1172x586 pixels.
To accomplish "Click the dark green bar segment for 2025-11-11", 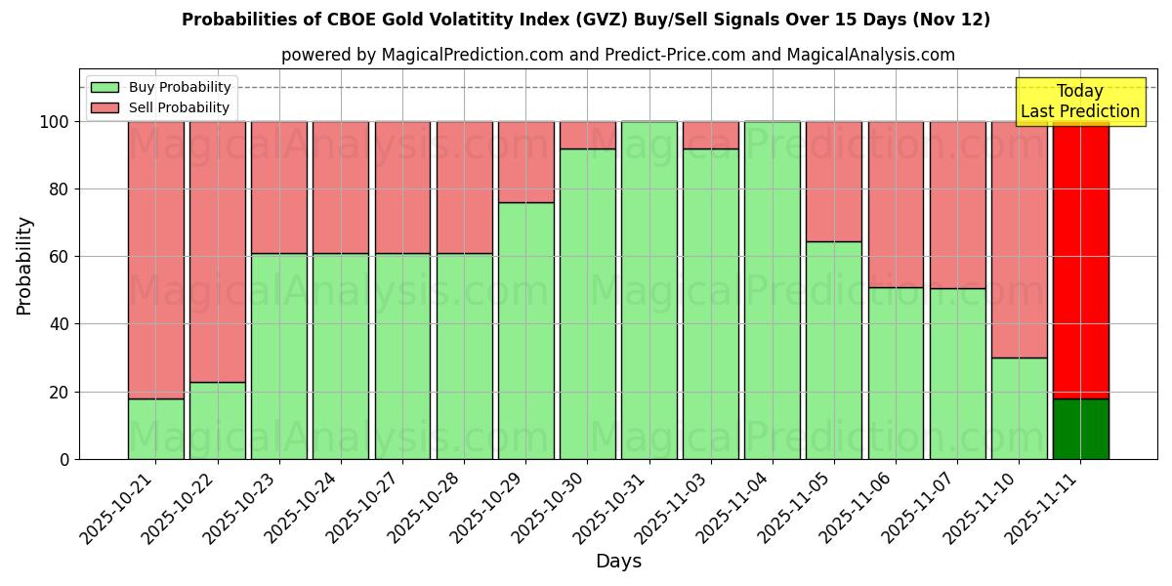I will click(1080, 429).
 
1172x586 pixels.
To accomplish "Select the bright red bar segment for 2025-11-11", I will click(1080, 259).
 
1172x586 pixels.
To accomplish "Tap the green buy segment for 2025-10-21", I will click(155, 429).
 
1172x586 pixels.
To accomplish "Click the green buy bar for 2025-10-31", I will click(649, 290).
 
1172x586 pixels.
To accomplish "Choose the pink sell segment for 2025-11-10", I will click(1019, 239).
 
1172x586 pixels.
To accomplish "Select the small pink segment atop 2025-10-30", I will click(587, 135).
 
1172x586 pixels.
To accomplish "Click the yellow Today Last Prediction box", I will click(1079, 102).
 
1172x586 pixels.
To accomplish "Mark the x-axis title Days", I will click(618, 562).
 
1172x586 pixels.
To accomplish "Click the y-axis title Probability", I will click(24, 266).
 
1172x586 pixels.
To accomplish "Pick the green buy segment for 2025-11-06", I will click(896, 373).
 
